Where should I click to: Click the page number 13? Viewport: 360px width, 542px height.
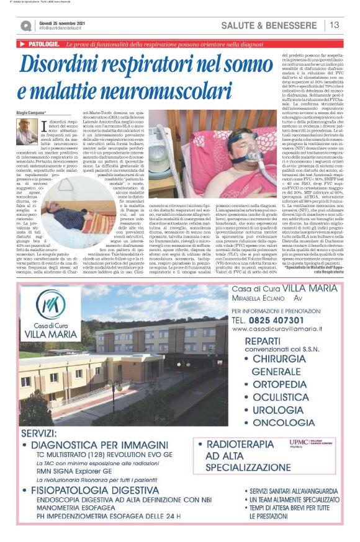click(x=335, y=25)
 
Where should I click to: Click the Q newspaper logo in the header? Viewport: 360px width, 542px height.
click(x=25, y=25)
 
